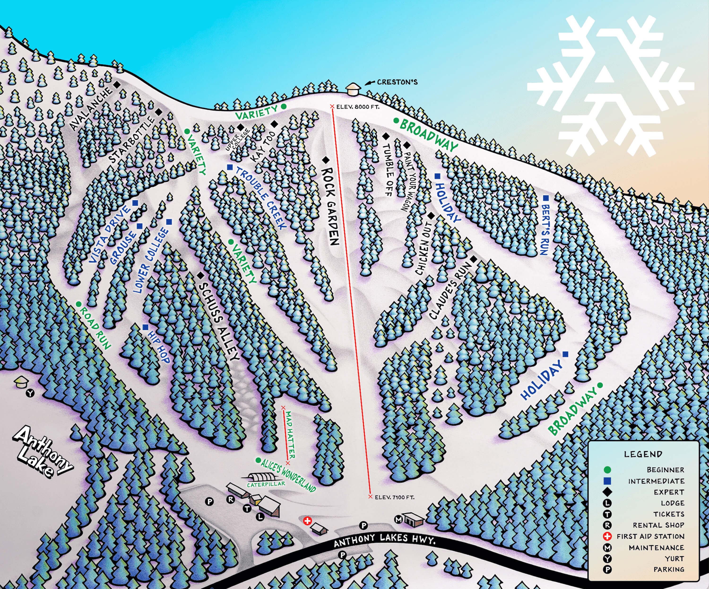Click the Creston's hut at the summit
click(x=353, y=89)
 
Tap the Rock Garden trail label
click(x=330, y=206)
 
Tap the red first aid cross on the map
click(x=307, y=521)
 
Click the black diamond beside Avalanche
click(x=117, y=85)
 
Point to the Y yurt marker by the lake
click(x=31, y=393)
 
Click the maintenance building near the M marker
click(x=414, y=519)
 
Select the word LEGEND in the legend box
click(x=643, y=454)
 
